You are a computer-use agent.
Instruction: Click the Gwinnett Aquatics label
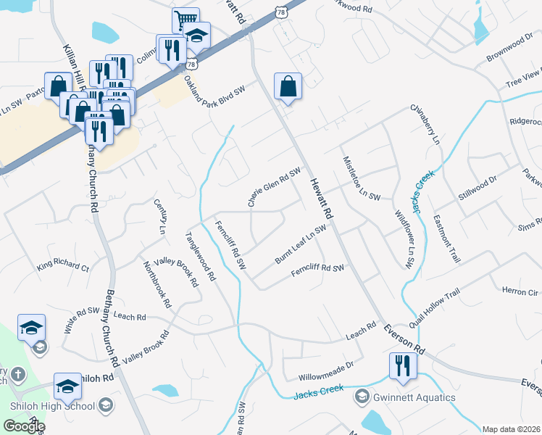(415, 397)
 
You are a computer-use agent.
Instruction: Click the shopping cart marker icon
(185, 20)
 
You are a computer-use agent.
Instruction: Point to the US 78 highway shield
(283, 12)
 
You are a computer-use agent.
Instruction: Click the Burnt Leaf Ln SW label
(300, 244)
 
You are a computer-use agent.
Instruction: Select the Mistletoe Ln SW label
(361, 177)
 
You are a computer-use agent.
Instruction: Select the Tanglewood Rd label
(201, 256)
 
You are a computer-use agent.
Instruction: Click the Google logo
(23, 426)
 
